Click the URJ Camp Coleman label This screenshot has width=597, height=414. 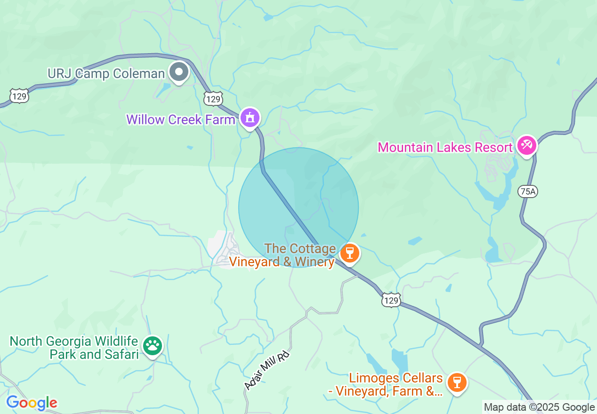[106, 73]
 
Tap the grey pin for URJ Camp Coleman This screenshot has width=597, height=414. [179, 72]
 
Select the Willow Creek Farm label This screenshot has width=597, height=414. [181, 119]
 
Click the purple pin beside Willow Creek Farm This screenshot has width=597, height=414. [250, 118]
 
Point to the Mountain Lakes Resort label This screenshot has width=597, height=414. [445, 147]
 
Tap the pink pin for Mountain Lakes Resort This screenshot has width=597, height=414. [526, 145]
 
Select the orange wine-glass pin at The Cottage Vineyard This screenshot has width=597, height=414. [349, 253]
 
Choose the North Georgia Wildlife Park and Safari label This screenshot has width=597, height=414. [74, 348]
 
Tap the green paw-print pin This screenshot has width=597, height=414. [153, 346]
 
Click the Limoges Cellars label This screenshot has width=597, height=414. [395, 384]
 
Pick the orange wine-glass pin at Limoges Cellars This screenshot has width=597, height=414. [456, 382]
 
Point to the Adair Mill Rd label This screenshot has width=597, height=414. [266, 370]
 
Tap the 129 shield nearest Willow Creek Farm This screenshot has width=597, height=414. [213, 99]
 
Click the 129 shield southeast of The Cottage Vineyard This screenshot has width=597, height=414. [391, 300]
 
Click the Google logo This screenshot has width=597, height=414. [32, 403]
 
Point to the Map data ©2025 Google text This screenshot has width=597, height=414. [540, 407]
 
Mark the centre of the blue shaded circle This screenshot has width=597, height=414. [298, 207]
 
